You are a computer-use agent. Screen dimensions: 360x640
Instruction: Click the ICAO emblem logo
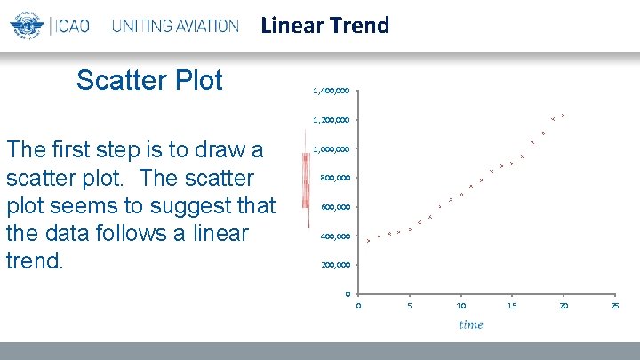pos(28,25)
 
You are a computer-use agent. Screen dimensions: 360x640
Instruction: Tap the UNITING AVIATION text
pos(175,26)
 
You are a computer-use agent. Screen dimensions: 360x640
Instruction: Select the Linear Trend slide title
pos(325,26)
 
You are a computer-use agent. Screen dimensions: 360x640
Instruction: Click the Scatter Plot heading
pos(149,80)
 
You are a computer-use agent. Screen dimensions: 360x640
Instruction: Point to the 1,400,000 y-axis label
pos(331,91)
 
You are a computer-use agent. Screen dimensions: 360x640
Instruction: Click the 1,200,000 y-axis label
pos(331,120)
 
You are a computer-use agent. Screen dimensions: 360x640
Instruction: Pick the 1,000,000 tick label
pos(331,149)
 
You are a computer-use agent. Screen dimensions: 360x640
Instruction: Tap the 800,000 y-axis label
pos(335,178)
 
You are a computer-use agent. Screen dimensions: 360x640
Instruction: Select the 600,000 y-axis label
pos(335,207)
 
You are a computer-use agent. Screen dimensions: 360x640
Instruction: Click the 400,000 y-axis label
pos(335,236)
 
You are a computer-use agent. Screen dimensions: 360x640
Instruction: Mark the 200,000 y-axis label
pos(335,265)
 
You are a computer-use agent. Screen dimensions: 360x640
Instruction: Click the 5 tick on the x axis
pos(410,307)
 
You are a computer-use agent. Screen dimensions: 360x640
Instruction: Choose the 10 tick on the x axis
pos(460,307)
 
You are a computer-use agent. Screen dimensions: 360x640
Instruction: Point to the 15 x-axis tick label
pos(512,307)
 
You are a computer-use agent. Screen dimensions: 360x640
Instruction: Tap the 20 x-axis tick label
pos(563,307)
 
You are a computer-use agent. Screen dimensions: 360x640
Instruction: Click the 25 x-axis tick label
pos(614,307)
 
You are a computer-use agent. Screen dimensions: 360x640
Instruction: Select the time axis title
pos(471,324)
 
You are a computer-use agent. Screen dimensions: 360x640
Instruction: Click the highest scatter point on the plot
pos(564,116)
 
